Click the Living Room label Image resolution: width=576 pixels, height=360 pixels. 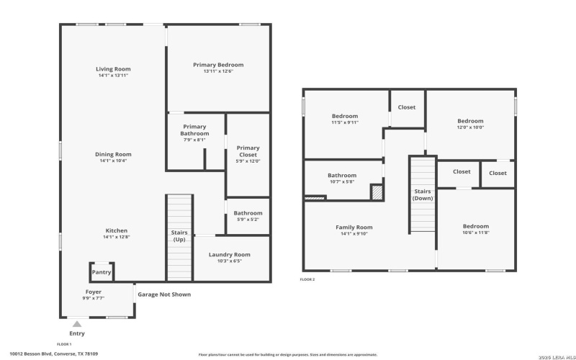[113, 69]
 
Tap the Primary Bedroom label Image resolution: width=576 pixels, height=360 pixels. [218, 65]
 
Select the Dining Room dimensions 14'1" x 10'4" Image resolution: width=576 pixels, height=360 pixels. [113, 161]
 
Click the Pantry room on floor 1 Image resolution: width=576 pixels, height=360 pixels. [102, 272]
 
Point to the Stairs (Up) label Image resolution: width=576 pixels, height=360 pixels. [179, 235]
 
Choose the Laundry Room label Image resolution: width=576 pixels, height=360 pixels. [229, 254]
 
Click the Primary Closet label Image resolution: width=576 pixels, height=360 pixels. [248, 151]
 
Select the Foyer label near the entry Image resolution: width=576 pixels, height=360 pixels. [94, 292]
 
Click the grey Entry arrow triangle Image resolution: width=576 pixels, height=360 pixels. [76, 324]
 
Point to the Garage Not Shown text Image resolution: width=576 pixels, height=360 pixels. [164, 294]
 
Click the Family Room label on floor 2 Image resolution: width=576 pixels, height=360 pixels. [354, 227]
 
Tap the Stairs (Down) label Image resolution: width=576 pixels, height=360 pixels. [423, 194]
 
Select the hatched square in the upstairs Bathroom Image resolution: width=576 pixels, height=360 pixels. [376, 192]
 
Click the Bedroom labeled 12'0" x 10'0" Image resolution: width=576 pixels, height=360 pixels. [470, 121]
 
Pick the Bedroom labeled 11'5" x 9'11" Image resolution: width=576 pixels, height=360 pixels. [345, 116]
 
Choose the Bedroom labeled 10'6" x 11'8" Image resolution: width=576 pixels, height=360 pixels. [475, 226]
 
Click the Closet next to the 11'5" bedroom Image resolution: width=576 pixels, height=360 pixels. [407, 107]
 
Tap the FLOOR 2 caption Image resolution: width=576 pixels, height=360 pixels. [307, 279]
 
